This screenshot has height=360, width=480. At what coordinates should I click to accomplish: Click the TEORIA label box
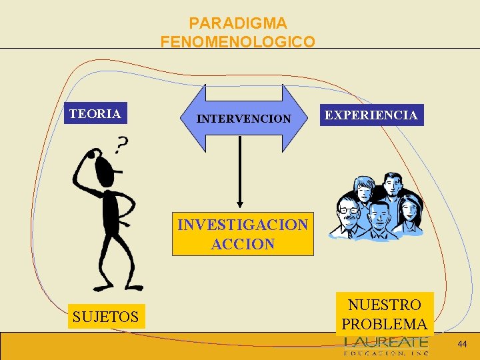coord(95,114)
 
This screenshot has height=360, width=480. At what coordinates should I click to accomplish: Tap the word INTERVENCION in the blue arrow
coord(243,119)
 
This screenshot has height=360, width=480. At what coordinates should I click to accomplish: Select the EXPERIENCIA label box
coord(371,115)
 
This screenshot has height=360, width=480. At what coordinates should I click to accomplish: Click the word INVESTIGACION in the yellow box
coord(243,225)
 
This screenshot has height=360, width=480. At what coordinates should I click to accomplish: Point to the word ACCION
coord(243,244)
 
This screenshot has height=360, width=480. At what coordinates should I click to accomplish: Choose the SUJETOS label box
coord(105,317)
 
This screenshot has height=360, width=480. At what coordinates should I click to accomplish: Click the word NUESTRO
coord(385,305)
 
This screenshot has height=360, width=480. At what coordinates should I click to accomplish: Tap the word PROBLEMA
coord(385,325)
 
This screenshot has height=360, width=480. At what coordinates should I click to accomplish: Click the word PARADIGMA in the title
coord(238,23)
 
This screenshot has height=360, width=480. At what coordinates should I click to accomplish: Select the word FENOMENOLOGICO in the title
coord(238,42)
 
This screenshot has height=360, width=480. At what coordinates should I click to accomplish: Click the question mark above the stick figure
coord(121,143)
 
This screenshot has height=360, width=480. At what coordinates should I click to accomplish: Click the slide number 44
coord(462,345)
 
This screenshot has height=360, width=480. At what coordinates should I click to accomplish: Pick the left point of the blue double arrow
coord(181,119)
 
